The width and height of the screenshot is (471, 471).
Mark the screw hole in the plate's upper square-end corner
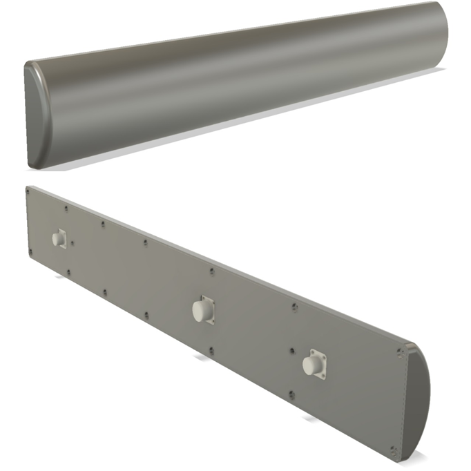tap(28, 192)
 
